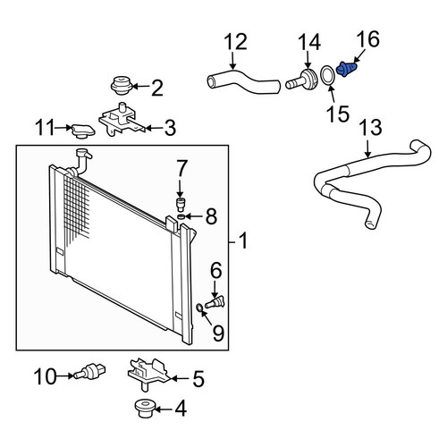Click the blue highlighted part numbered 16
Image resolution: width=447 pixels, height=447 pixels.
click(x=346, y=70)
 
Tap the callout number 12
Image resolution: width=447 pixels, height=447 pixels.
click(x=235, y=42)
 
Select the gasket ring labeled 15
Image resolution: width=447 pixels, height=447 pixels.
click(x=328, y=75)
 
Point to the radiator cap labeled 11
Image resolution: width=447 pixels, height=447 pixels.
click(x=82, y=131)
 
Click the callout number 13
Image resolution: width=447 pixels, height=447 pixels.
click(x=370, y=127)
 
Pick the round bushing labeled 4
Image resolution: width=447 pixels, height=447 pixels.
click(x=144, y=409)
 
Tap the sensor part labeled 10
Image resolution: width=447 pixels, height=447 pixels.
click(x=89, y=371)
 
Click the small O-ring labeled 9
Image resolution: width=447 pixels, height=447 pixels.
click(x=199, y=307)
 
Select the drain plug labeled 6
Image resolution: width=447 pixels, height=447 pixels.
click(x=215, y=302)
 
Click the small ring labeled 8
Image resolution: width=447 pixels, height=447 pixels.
click(x=181, y=216)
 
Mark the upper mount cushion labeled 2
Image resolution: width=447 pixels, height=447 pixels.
click(x=122, y=85)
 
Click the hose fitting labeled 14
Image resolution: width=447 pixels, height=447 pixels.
click(x=301, y=80)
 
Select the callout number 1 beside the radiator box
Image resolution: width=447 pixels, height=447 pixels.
click(x=243, y=240)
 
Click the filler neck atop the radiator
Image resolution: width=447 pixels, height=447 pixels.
click(x=83, y=161)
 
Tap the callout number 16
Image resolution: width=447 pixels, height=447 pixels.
click(x=368, y=38)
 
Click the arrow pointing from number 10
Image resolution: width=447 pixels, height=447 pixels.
click(x=65, y=375)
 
